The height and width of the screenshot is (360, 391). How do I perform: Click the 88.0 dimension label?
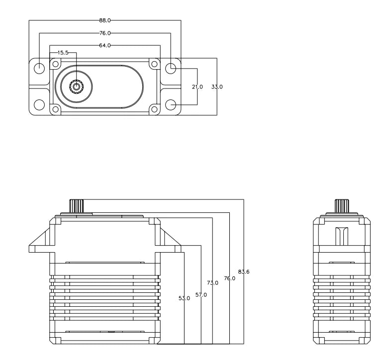pyautogui.click(x=105, y=20)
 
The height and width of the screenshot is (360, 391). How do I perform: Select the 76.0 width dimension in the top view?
pyautogui.click(x=105, y=33)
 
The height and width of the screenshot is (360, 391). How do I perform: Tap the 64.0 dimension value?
pyautogui.click(x=105, y=46)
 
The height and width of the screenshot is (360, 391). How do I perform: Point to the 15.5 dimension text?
pyautogui.click(x=63, y=52)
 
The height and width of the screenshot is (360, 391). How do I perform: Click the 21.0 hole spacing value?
pyautogui.click(x=197, y=87)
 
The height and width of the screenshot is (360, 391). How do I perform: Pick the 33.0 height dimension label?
pyautogui.click(x=217, y=87)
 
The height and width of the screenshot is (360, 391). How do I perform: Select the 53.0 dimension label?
pyautogui.click(x=184, y=298)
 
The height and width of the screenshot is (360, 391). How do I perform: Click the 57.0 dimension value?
pyautogui.click(x=201, y=295)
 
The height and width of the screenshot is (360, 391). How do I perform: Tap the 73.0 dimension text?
pyautogui.click(x=213, y=282)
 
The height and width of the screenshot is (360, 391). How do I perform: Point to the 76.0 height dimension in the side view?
pyautogui.click(x=229, y=278)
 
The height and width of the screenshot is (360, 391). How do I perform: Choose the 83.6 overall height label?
pyautogui.click(x=244, y=271)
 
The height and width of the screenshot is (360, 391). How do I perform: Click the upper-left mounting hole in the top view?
pyautogui.click(x=39, y=68)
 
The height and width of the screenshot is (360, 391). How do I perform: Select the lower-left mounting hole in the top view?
pyautogui.click(x=39, y=105)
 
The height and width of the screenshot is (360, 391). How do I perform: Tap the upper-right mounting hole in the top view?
pyautogui.click(x=171, y=68)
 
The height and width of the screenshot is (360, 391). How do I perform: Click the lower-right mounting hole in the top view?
pyautogui.click(x=171, y=105)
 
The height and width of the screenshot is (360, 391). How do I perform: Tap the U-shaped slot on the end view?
pyautogui.click(x=341, y=235)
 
